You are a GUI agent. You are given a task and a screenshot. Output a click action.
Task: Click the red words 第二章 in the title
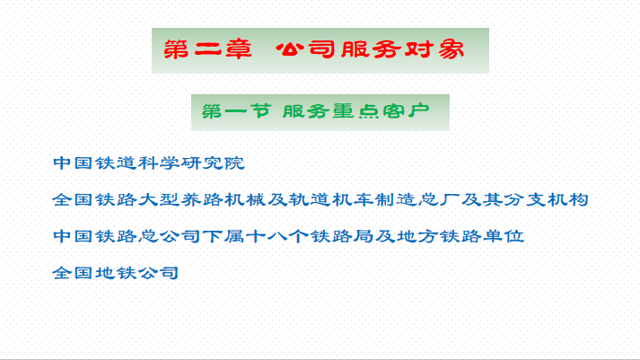click(x=207, y=49)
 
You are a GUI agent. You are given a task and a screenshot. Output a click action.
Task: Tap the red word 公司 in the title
click(x=305, y=49)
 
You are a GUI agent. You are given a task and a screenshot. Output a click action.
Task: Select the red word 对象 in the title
click(x=434, y=49)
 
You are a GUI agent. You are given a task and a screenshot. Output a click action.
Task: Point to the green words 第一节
click(x=237, y=111)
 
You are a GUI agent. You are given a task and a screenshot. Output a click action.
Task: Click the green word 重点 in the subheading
click(x=355, y=111)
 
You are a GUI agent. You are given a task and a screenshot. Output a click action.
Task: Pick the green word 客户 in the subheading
click(x=406, y=111)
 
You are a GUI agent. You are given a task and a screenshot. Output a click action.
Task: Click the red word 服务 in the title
click(x=370, y=49)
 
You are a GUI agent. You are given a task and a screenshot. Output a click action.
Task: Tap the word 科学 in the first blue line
click(x=159, y=162)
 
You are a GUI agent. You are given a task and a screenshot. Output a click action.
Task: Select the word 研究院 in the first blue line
click(x=213, y=162)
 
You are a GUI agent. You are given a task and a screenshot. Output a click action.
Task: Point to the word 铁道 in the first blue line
click(x=117, y=162)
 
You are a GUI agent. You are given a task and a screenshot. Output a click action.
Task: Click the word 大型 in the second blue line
click(x=159, y=199)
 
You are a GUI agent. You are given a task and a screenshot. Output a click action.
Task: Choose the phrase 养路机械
click(x=224, y=199)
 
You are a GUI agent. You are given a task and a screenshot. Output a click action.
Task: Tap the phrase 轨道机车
click(x=331, y=199)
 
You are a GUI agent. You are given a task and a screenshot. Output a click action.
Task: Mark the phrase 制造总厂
click(x=417, y=199)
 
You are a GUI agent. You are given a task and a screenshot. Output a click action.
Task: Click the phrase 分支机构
click(x=546, y=199)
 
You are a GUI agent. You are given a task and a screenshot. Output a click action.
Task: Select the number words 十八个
click(x=277, y=236)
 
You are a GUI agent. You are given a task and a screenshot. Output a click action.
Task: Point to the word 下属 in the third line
click(x=224, y=236)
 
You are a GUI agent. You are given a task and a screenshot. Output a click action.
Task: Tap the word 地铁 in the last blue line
click(x=117, y=273)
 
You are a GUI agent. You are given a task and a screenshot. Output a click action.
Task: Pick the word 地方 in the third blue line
click(x=417, y=236)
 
